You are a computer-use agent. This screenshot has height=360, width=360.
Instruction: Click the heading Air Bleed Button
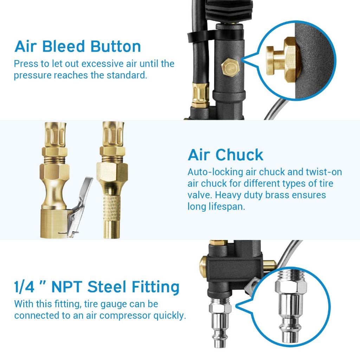[x=78, y=47]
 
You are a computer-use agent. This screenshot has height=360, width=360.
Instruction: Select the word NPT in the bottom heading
[x=66, y=287]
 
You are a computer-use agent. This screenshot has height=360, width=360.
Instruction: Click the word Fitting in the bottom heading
[x=155, y=288]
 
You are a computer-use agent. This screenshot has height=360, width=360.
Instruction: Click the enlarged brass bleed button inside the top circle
[x=281, y=60]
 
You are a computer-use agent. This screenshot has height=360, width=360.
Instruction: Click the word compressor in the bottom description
[x=126, y=316]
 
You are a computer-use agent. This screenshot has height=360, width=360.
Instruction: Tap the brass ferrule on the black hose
[x=200, y=95]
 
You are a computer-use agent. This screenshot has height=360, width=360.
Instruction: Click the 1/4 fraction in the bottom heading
[x=24, y=287]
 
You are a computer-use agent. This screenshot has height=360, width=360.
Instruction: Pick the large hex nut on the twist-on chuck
[x=112, y=172]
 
